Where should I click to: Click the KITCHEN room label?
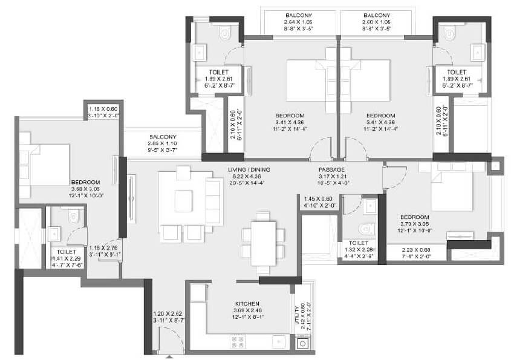(x=248, y=304)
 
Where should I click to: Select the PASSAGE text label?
(x=331, y=170)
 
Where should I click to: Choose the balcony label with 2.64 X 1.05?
(x=298, y=15)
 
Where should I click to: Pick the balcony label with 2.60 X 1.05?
(x=376, y=15)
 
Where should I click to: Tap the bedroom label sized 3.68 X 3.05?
(x=85, y=182)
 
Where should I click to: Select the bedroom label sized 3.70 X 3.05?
(x=414, y=217)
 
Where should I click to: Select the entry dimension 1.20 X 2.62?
(x=167, y=313)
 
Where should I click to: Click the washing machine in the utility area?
(x=302, y=343)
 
